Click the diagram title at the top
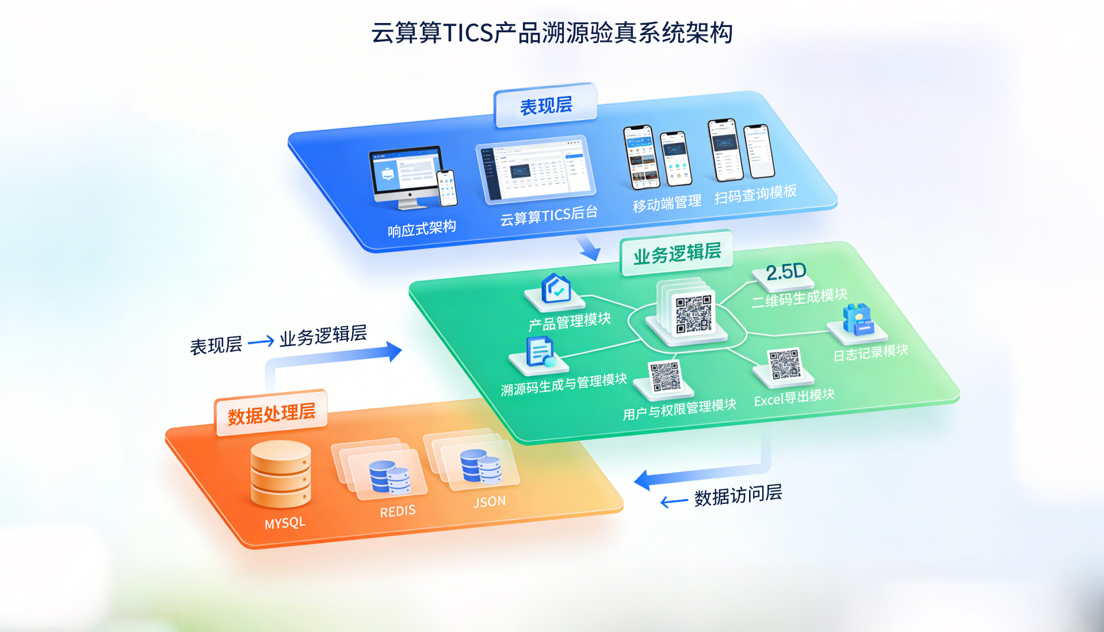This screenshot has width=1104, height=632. pos(552,33)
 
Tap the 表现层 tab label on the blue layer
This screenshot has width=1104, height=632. pos(545,106)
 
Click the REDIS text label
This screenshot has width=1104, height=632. pos(398,511)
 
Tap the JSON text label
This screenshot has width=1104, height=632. pos(489,501)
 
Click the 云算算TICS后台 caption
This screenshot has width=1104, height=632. pos(548,216)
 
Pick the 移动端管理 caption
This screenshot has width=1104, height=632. pos(667,203)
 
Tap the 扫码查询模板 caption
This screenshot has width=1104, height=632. pos(755,194)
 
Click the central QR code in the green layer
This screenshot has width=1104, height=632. pos(693,314)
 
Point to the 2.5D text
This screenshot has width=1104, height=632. pos(786,271)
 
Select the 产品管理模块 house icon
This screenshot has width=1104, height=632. pos(556,288)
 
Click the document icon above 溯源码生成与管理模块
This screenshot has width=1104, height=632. pos(540,351)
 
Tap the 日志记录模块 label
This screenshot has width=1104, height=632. pos(870,353)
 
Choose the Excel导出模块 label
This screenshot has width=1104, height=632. pos(794,397)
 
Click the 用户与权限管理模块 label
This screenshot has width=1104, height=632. pos(679,409)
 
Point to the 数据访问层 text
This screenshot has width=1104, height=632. pos(738,495)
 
